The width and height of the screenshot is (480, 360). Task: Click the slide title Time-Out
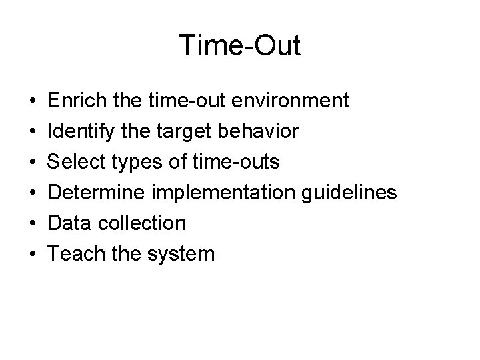pyautogui.click(x=240, y=46)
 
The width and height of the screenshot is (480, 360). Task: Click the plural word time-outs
pyautogui.click(x=245, y=162)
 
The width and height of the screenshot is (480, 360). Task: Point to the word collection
pyautogui.click(x=141, y=223)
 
